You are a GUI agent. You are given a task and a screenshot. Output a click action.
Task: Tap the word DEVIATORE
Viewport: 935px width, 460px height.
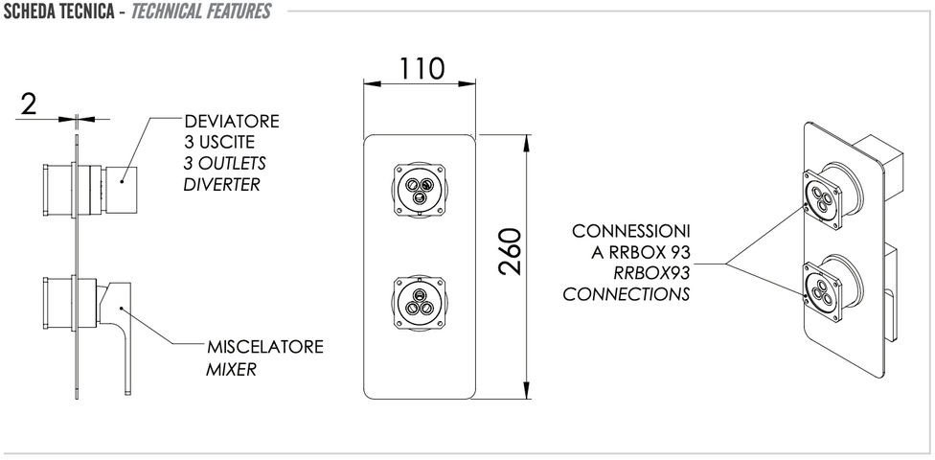click(x=232, y=122)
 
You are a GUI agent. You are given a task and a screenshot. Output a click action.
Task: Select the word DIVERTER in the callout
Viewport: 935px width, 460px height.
click(x=221, y=183)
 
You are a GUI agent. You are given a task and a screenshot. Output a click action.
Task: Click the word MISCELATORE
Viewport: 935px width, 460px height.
click(x=264, y=346)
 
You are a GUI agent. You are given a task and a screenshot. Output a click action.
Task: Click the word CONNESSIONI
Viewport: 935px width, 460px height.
click(x=630, y=232)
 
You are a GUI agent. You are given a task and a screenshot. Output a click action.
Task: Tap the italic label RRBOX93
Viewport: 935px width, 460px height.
click(x=651, y=273)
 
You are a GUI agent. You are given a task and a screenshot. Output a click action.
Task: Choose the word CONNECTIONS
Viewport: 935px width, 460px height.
click(x=626, y=294)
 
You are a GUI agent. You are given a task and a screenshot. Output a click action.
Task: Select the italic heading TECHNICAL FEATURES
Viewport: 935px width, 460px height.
click(x=202, y=11)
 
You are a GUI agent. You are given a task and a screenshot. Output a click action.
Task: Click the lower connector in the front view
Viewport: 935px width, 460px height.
click(x=418, y=299)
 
